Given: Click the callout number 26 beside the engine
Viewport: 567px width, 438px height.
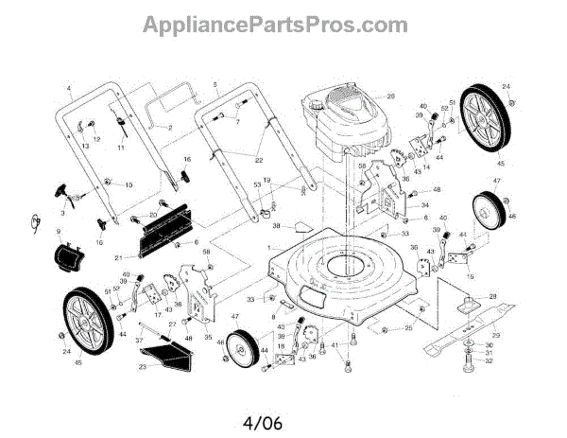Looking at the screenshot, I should coord(389,96).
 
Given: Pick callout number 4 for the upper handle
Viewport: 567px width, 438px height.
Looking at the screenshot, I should coord(69,88).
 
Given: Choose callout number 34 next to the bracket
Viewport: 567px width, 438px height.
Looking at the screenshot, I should coord(425,205).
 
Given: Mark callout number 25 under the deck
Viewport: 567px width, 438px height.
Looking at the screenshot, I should coord(408,328).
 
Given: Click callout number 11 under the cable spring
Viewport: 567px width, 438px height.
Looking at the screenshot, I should coord(121,148).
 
